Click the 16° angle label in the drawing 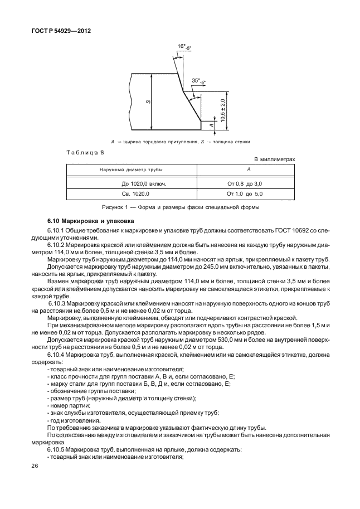point(182,46)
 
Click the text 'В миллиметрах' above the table point(274,159)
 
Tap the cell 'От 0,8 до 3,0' point(244,183)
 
